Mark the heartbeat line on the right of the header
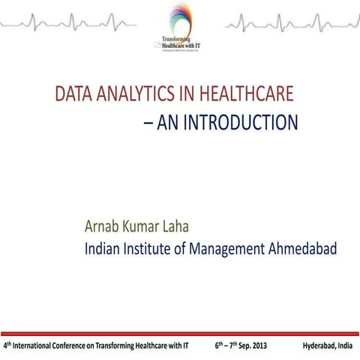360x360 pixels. pos(292,25)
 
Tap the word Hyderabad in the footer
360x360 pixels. pos(319,346)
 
